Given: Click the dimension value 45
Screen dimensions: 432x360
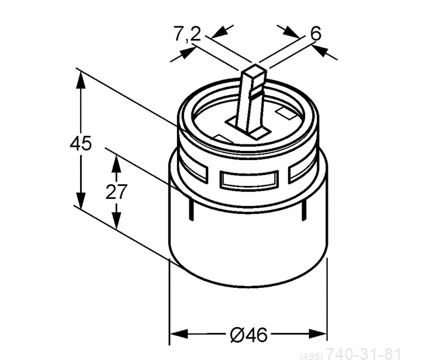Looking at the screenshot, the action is (x=81, y=143).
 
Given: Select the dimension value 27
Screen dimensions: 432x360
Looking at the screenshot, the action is (x=116, y=192).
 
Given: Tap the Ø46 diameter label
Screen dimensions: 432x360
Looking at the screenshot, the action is (x=248, y=335).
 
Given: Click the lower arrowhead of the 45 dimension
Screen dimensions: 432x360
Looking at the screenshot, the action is (x=81, y=200).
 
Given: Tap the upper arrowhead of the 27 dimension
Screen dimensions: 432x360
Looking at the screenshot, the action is (x=116, y=163).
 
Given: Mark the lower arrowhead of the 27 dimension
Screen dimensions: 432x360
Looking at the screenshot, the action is (x=116, y=220).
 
